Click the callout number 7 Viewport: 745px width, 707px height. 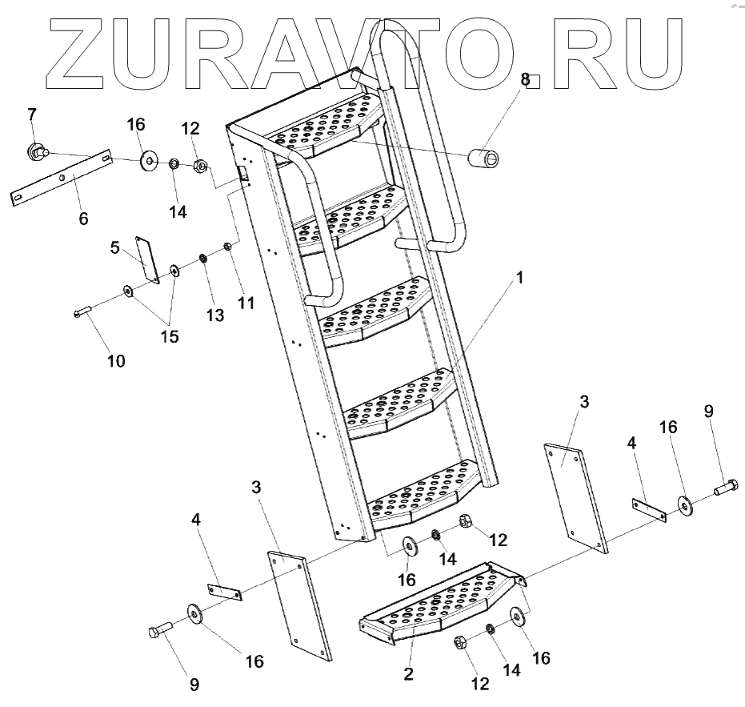point(32,114)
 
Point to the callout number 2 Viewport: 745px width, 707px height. point(409,674)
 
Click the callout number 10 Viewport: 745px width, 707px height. point(116,361)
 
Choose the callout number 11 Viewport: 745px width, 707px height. point(246,303)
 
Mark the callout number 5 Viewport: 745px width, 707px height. point(115,249)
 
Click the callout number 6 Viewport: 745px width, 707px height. point(84,217)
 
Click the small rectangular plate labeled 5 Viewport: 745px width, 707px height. point(146,259)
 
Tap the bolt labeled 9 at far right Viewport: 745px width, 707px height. point(725,486)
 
